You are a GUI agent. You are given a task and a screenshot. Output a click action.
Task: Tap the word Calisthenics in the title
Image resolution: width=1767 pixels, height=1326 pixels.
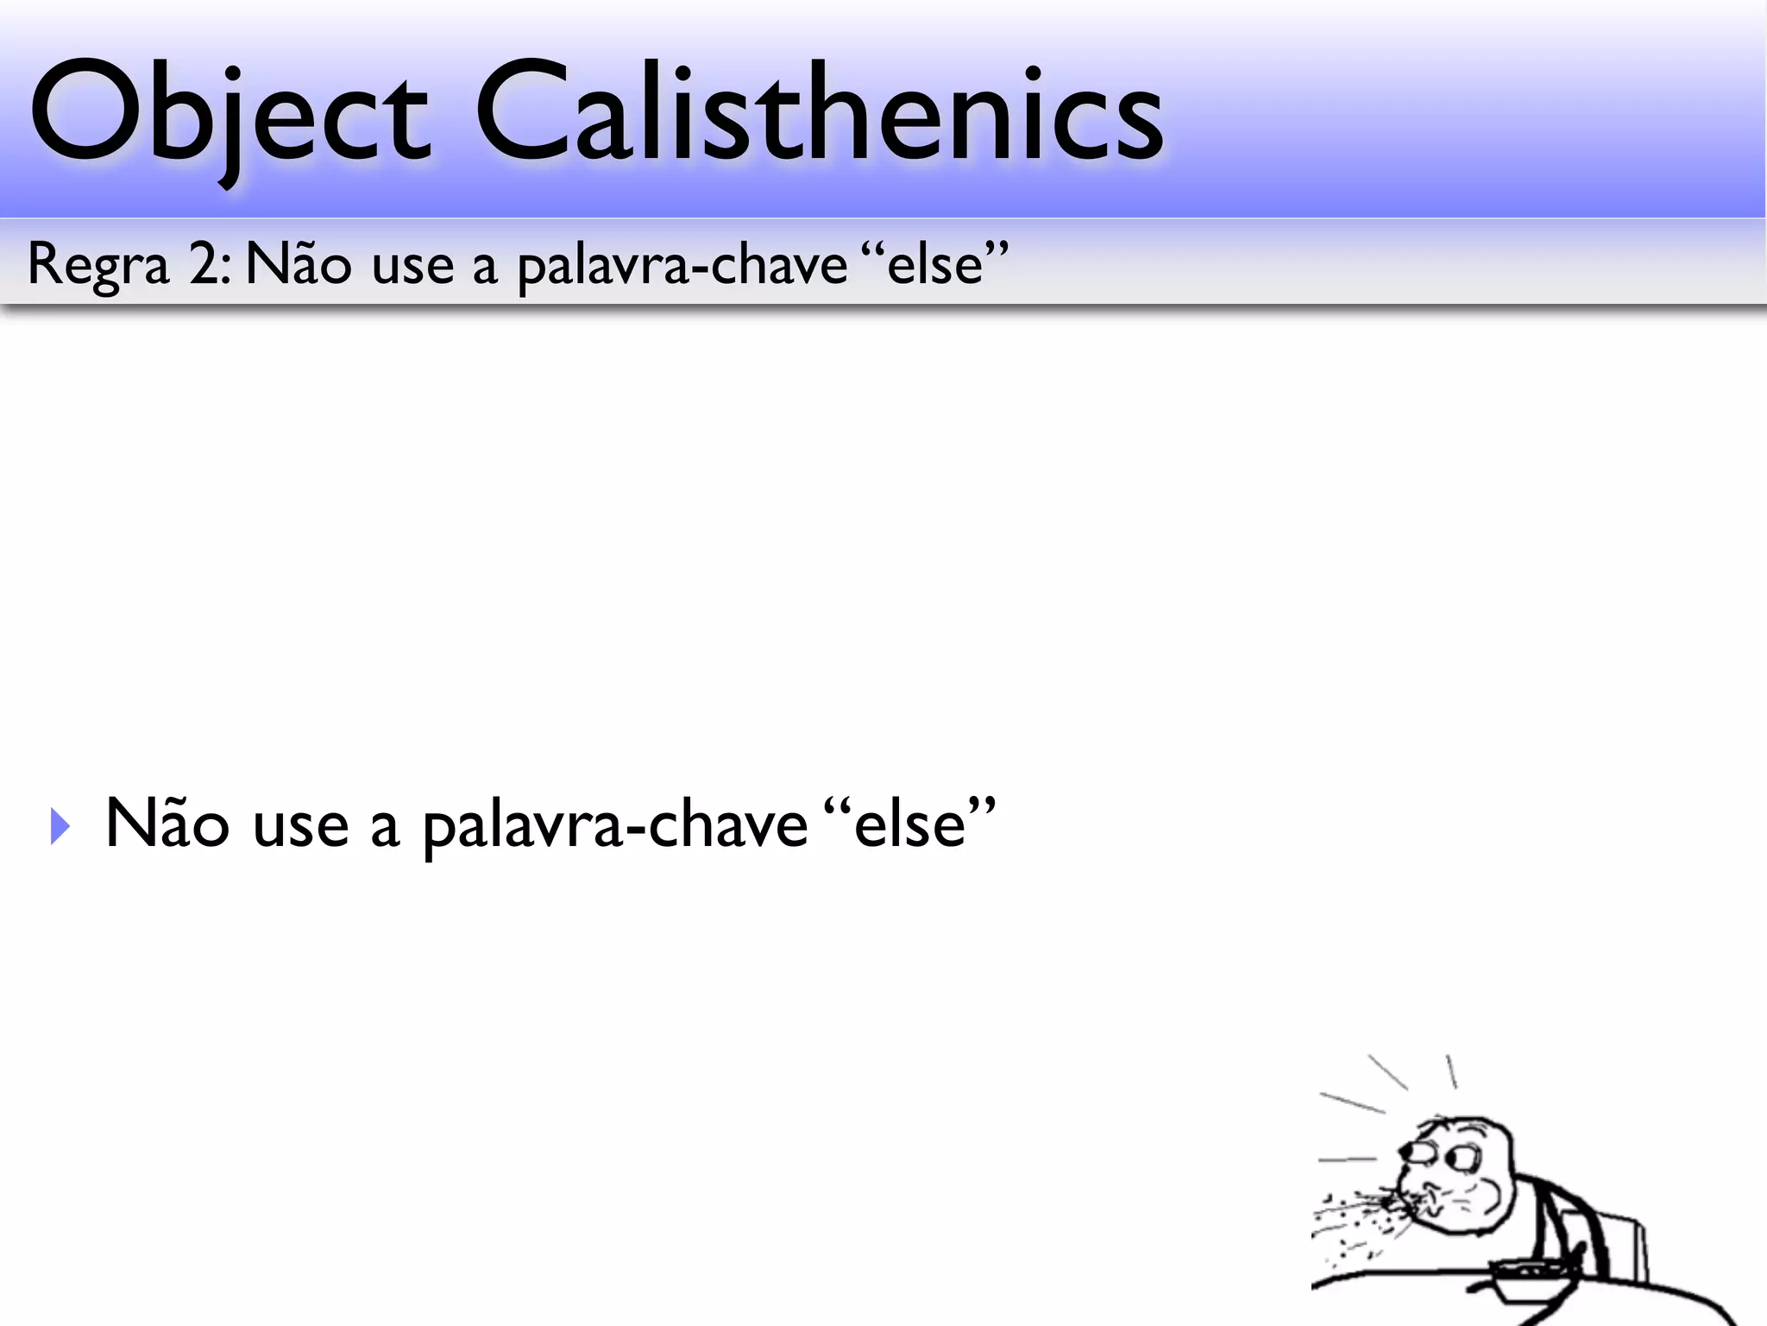click(820, 112)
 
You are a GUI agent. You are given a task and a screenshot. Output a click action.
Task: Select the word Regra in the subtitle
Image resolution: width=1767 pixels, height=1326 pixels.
click(97, 265)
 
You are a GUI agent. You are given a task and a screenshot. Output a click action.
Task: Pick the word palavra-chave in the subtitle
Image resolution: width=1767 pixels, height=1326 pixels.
click(682, 265)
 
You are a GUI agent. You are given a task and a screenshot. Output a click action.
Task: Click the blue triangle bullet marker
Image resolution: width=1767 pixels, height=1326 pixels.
click(60, 826)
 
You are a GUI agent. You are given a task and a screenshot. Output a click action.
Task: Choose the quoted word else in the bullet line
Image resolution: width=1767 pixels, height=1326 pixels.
click(909, 824)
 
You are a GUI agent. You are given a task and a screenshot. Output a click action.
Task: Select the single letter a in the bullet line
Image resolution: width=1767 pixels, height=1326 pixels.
click(385, 828)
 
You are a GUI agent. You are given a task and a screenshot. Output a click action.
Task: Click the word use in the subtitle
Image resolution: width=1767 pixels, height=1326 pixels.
click(412, 265)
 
